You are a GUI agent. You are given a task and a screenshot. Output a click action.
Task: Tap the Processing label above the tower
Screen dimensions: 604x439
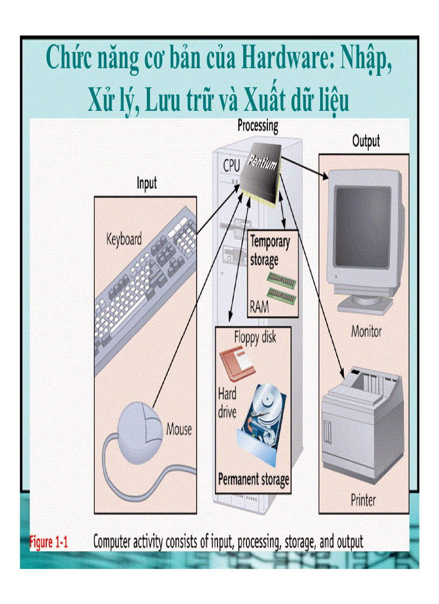coord(258,126)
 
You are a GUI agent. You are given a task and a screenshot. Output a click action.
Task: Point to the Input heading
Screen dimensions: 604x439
coord(146,183)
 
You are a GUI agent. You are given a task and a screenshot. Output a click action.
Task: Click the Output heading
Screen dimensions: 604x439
coord(366,141)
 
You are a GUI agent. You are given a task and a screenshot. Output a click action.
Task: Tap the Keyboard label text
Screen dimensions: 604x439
coord(124,239)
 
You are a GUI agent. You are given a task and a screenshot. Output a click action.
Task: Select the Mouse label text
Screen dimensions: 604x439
coord(179,429)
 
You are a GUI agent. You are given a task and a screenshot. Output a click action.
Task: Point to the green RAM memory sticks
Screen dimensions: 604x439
coord(282,286)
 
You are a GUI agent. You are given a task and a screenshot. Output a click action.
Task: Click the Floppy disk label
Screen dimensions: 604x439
coord(255,338)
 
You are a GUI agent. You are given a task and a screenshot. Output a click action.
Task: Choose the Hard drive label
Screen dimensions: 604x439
coord(227,403)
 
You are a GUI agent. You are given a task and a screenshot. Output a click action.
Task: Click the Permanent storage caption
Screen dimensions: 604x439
coord(253,479)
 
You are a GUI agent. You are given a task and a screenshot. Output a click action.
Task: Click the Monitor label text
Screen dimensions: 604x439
coord(366,331)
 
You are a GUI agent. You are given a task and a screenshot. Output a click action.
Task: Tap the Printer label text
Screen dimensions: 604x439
coord(363,500)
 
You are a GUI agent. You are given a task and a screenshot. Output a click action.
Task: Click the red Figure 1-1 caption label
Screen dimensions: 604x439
coord(48,542)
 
